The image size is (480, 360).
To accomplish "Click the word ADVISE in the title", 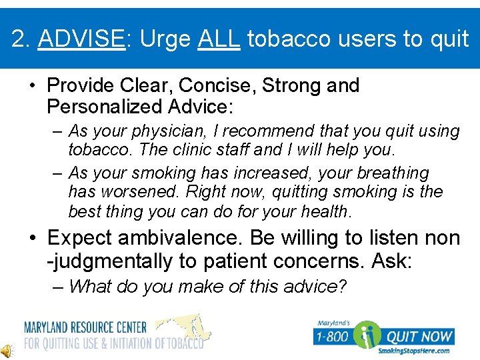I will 81,39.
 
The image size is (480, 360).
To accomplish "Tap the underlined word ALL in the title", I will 218,39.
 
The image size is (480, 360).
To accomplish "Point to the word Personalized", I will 105,107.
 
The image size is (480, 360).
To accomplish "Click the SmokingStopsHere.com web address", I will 413,351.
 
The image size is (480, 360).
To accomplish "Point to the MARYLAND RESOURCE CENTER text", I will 85,327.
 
